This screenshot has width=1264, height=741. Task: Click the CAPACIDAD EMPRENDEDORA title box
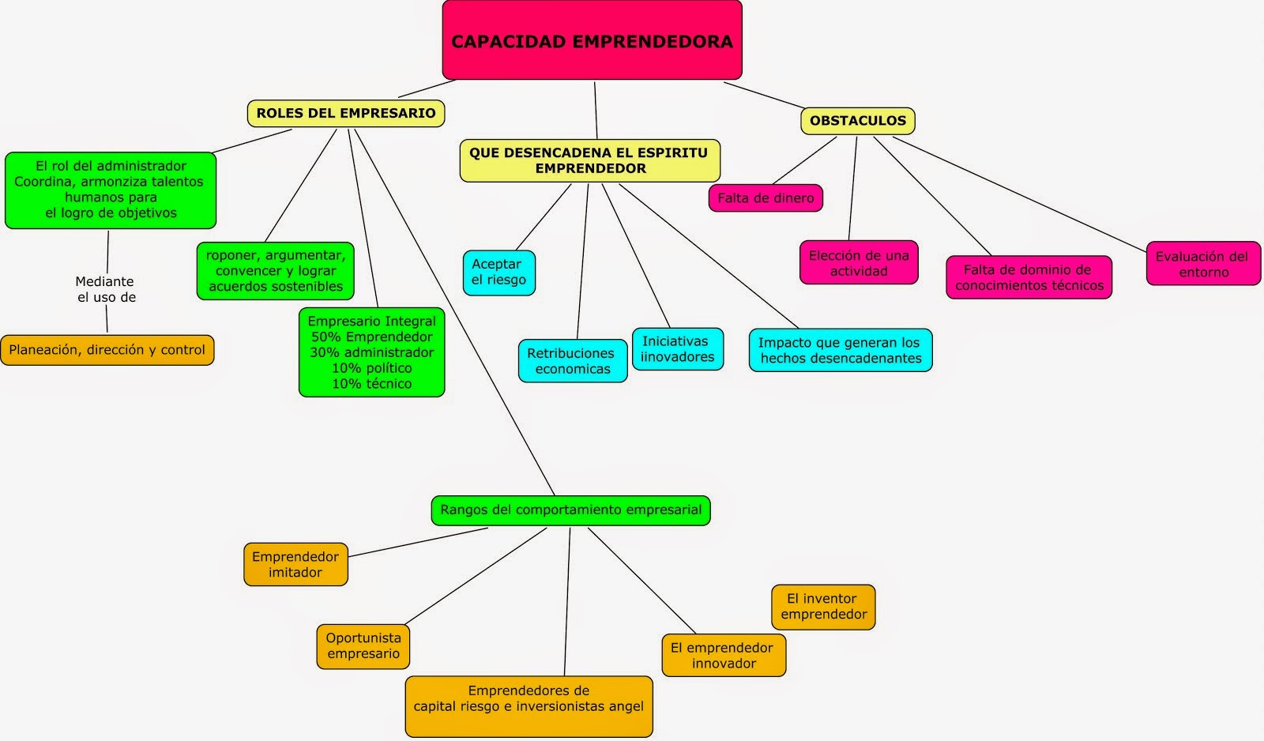tap(592, 40)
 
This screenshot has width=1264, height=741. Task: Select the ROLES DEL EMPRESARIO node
tap(346, 113)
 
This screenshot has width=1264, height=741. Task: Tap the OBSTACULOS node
tap(858, 121)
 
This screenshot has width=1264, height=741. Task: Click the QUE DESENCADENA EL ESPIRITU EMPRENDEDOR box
tap(589, 160)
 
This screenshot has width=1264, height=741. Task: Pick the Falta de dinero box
tap(766, 197)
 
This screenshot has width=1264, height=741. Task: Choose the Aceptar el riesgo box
tap(498, 273)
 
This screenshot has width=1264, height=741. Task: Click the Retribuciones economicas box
tap(572, 361)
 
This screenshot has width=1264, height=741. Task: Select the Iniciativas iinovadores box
tap(677, 349)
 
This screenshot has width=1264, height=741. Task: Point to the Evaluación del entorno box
tap(1202, 264)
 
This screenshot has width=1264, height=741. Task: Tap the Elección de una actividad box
tap(859, 263)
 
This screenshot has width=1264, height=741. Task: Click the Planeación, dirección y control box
tap(107, 350)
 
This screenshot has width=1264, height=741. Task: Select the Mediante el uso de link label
tap(106, 289)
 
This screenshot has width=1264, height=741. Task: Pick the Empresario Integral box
tap(371, 352)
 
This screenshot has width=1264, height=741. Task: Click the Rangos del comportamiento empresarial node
tap(570, 510)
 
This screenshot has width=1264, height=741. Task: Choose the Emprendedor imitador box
tap(295, 564)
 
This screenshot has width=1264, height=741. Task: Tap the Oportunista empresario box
tap(363, 646)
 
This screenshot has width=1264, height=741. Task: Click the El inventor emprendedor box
tap(823, 607)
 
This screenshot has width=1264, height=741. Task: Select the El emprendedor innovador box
tap(723, 656)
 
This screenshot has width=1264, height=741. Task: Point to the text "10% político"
tap(371, 368)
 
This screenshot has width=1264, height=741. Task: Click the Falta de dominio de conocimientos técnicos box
tap(1029, 277)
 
